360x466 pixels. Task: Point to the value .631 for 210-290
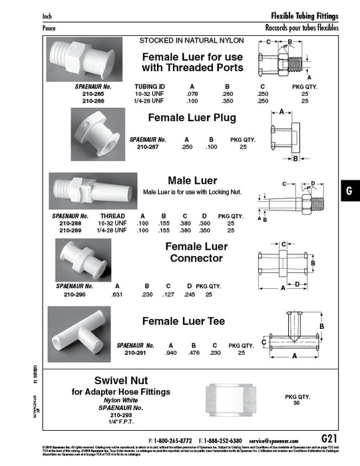pyautogui.click(x=117, y=294)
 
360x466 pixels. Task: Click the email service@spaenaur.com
pyautogui.click(x=277, y=441)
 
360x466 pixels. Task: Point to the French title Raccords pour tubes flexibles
pyautogui.click(x=301, y=28)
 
